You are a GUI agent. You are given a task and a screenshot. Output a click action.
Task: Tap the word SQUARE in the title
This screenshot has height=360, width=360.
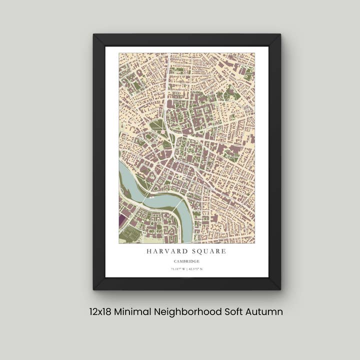tap(207, 251)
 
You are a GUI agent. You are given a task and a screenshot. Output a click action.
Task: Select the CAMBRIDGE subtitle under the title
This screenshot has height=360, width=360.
tap(186, 261)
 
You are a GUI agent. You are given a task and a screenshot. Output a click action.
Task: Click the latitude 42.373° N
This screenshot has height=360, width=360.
tap(195, 269)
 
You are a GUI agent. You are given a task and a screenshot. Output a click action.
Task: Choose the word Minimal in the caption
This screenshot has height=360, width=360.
tap(132, 311)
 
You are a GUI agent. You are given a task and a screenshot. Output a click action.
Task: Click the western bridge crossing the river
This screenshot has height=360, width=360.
tap(144, 199)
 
